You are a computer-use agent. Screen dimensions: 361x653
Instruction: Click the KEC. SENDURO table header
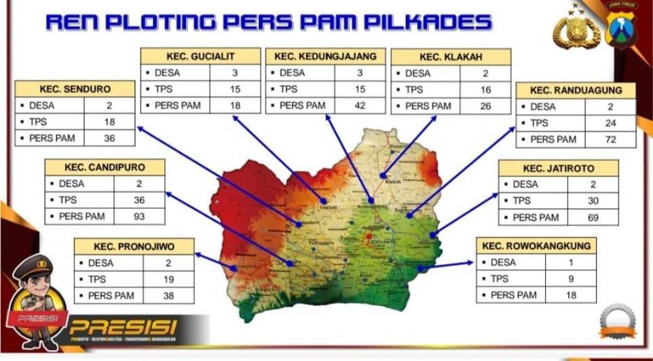click(x=75, y=89)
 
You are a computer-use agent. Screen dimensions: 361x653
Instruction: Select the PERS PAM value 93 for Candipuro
click(x=139, y=217)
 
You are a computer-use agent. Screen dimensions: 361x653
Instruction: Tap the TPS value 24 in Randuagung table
click(x=610, y=123)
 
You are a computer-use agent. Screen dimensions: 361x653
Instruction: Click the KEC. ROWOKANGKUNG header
click(x=536, y=246)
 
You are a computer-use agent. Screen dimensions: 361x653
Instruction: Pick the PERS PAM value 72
click(x=610, y=139)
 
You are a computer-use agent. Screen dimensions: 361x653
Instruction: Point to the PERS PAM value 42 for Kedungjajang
click(x=360, y=105)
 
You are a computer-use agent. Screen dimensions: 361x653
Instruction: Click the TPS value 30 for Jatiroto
click(x=592, y=201)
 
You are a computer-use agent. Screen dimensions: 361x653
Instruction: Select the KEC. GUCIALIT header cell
click(x=200, y=56)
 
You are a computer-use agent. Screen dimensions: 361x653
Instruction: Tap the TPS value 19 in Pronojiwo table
click(x=168, y=279)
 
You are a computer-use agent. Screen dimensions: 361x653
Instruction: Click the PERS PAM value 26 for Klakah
click(x=485, y=106)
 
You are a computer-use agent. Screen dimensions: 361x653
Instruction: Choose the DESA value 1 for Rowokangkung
click(x=570, y=262)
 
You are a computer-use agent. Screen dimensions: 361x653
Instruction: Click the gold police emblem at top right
click(x=576, y=29)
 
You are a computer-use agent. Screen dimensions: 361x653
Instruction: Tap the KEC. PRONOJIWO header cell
click(x=134, y=246)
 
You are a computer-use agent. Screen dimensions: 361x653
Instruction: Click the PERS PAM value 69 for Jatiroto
click(x=592, y=217)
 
